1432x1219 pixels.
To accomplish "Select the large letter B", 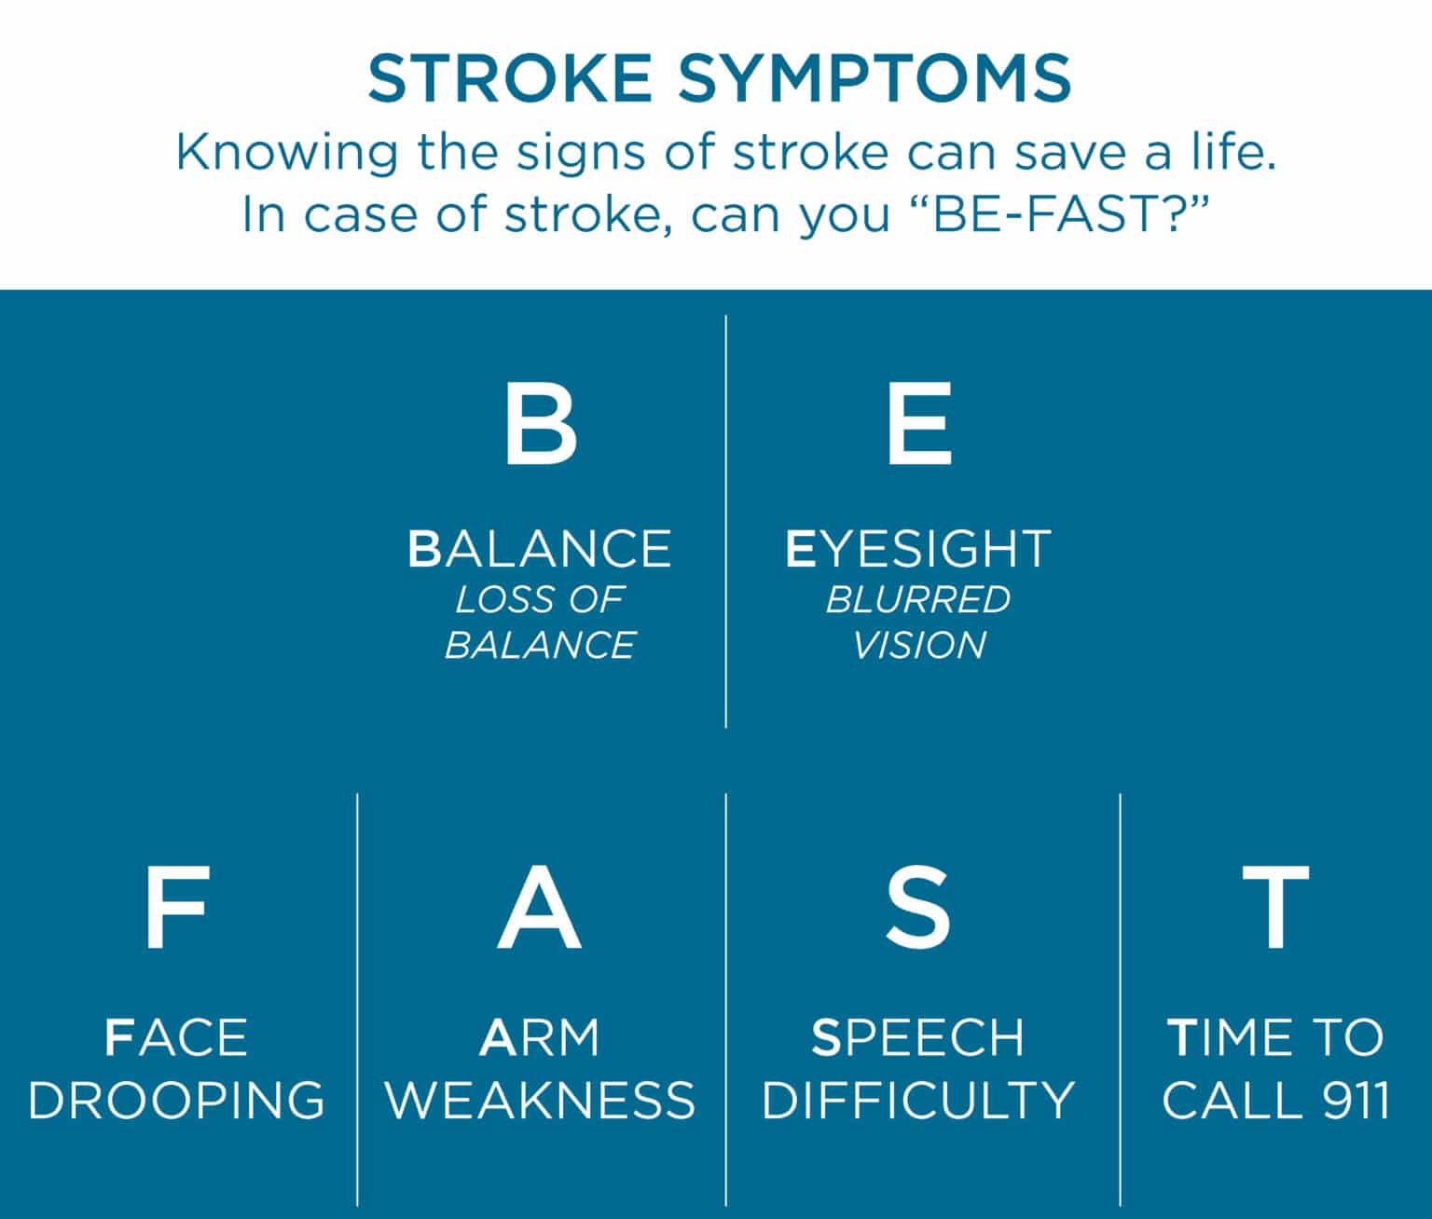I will tap(541, 426).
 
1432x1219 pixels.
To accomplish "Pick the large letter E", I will tap(919, 426).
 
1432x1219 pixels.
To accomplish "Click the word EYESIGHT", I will tap(918, 549).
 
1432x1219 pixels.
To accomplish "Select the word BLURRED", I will tap(918, 600).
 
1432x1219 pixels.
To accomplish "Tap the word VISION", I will tap(919, 646).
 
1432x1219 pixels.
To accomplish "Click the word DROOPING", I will tap(177, 1101).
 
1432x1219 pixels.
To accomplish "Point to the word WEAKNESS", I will tap(541, 1101).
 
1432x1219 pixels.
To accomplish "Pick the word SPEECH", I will tap(918, 1038).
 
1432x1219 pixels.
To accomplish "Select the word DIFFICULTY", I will tap(918, 1101).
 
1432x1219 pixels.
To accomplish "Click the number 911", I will tap(1356, 1101).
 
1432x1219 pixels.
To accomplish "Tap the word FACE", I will tap(176, 1038).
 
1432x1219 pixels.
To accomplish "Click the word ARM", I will tap(540, 1038).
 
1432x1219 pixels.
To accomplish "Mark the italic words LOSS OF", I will tap(539, 600).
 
